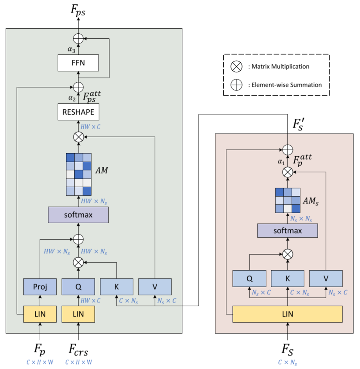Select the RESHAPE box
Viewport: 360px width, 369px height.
78,112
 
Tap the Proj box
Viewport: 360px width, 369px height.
40,286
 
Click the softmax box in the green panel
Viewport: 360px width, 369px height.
78,215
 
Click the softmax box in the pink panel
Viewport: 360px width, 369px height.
287,230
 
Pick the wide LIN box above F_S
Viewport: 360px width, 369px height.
287,314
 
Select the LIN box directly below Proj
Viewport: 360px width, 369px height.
40,314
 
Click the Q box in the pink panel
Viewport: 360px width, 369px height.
249,279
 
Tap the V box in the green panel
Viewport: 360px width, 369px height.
155,286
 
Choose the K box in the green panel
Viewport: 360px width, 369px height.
117,286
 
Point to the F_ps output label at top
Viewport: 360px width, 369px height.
78,12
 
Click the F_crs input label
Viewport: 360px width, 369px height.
79,349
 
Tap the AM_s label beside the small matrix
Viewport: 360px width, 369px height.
311,201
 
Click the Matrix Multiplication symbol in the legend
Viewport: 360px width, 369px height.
236,67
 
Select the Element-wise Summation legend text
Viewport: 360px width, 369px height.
284,85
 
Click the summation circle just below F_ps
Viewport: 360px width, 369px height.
78,38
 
